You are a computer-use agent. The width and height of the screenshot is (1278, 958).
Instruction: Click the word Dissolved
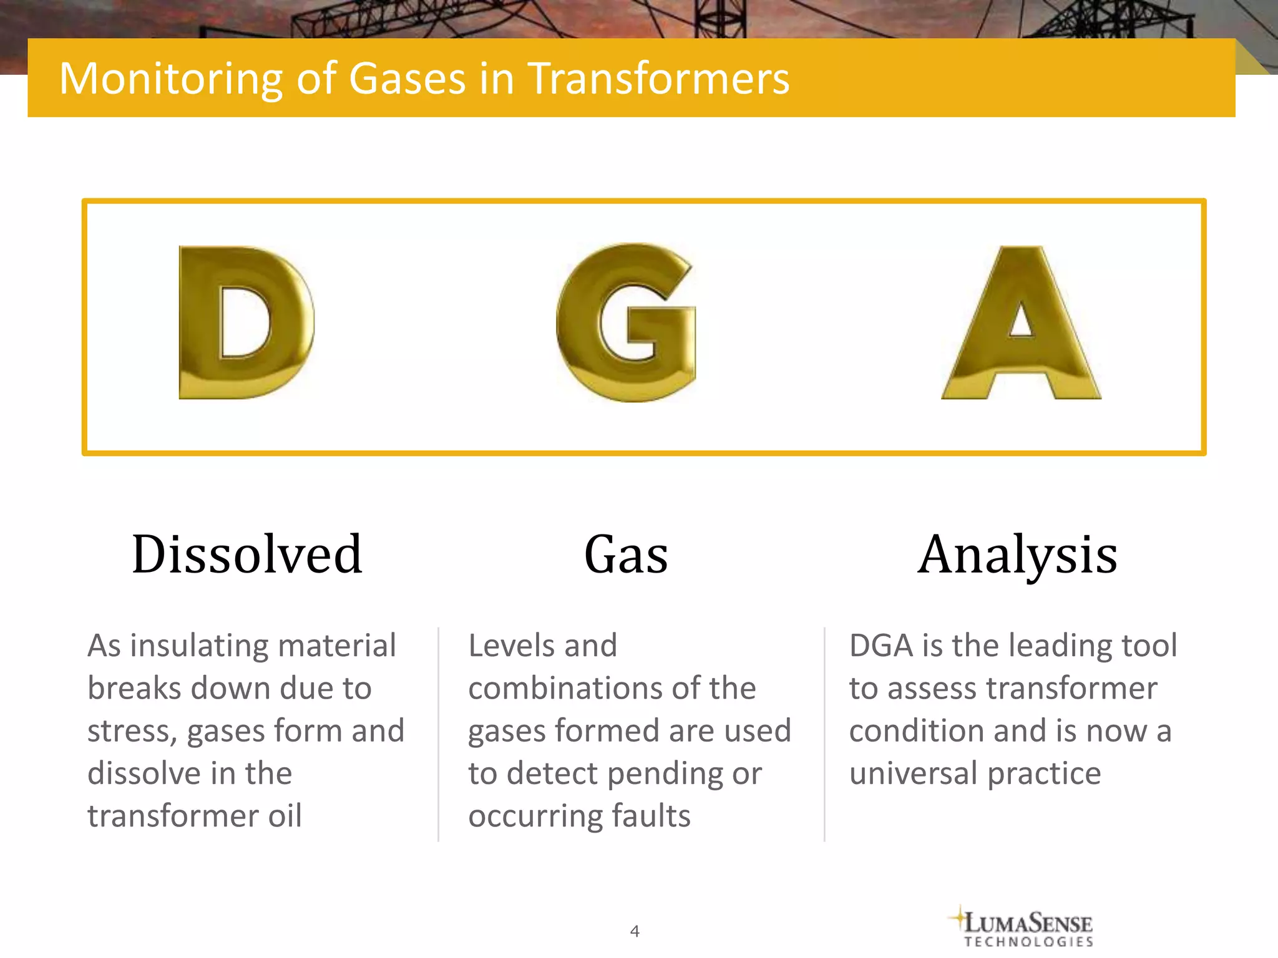click(247, 554)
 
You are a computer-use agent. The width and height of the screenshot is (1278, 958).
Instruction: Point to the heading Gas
click(626, 554)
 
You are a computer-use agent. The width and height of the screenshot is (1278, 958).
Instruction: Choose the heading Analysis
click(1017, 554)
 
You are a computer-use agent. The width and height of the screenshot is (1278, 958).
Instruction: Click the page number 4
click(635, 931)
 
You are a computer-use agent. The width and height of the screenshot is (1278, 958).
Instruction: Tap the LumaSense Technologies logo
click(1023, 927)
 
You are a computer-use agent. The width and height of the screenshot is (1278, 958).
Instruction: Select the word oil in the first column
click(285, 816)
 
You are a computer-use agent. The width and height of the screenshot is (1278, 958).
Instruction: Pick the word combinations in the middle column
click(564, 689)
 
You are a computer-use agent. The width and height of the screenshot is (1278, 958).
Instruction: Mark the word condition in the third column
click(916, 731)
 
